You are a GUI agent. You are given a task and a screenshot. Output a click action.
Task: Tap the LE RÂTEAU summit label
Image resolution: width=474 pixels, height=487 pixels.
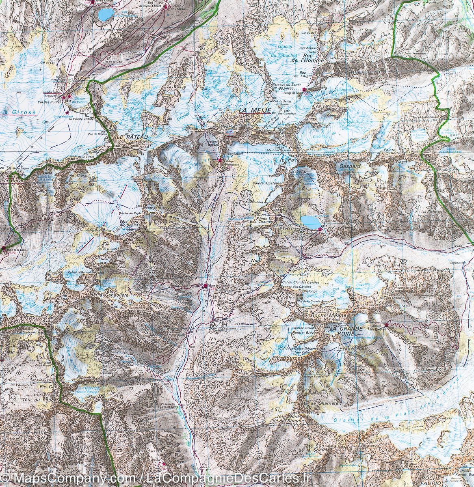point(128,137)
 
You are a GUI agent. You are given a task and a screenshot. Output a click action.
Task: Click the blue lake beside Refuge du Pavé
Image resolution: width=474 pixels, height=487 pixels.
point(311,222)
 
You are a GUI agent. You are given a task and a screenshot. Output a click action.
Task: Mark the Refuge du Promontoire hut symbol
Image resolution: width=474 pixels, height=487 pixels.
point(220,161)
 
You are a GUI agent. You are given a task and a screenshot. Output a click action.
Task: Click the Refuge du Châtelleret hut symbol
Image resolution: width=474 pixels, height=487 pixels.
point(205,286)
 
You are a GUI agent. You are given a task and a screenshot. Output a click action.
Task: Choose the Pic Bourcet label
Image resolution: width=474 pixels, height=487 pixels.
point(285,358)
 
